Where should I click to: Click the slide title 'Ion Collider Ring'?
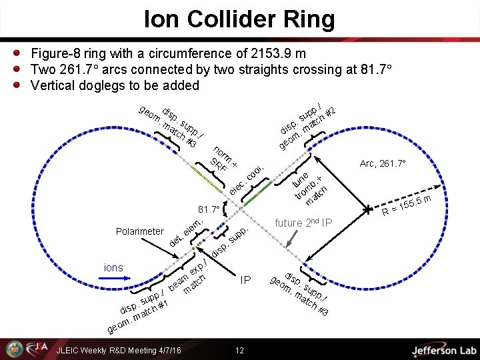[x=240, y=19]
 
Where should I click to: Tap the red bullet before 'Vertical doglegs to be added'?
[x=18, y=85]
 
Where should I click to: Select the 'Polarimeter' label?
[x=139, y=231]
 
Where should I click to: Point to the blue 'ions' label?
[x=113, y=267]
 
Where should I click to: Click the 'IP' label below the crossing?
[x=245, y=281]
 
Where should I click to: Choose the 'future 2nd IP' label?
[x=303, y=223]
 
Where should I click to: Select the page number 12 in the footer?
[x=239, y=351]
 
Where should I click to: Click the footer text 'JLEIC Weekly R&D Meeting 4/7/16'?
[x=119, y=351]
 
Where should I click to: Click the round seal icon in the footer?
[x=14, y=349]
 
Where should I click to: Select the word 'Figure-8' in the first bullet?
[x=55, y=53]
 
